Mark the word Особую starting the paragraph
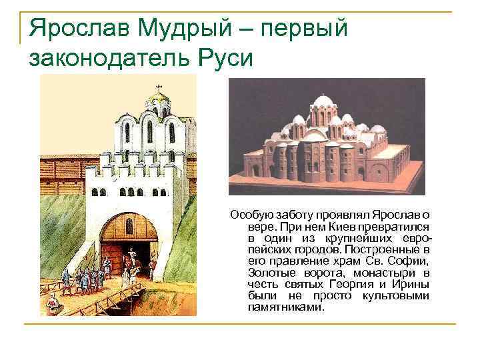pos(249,215)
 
